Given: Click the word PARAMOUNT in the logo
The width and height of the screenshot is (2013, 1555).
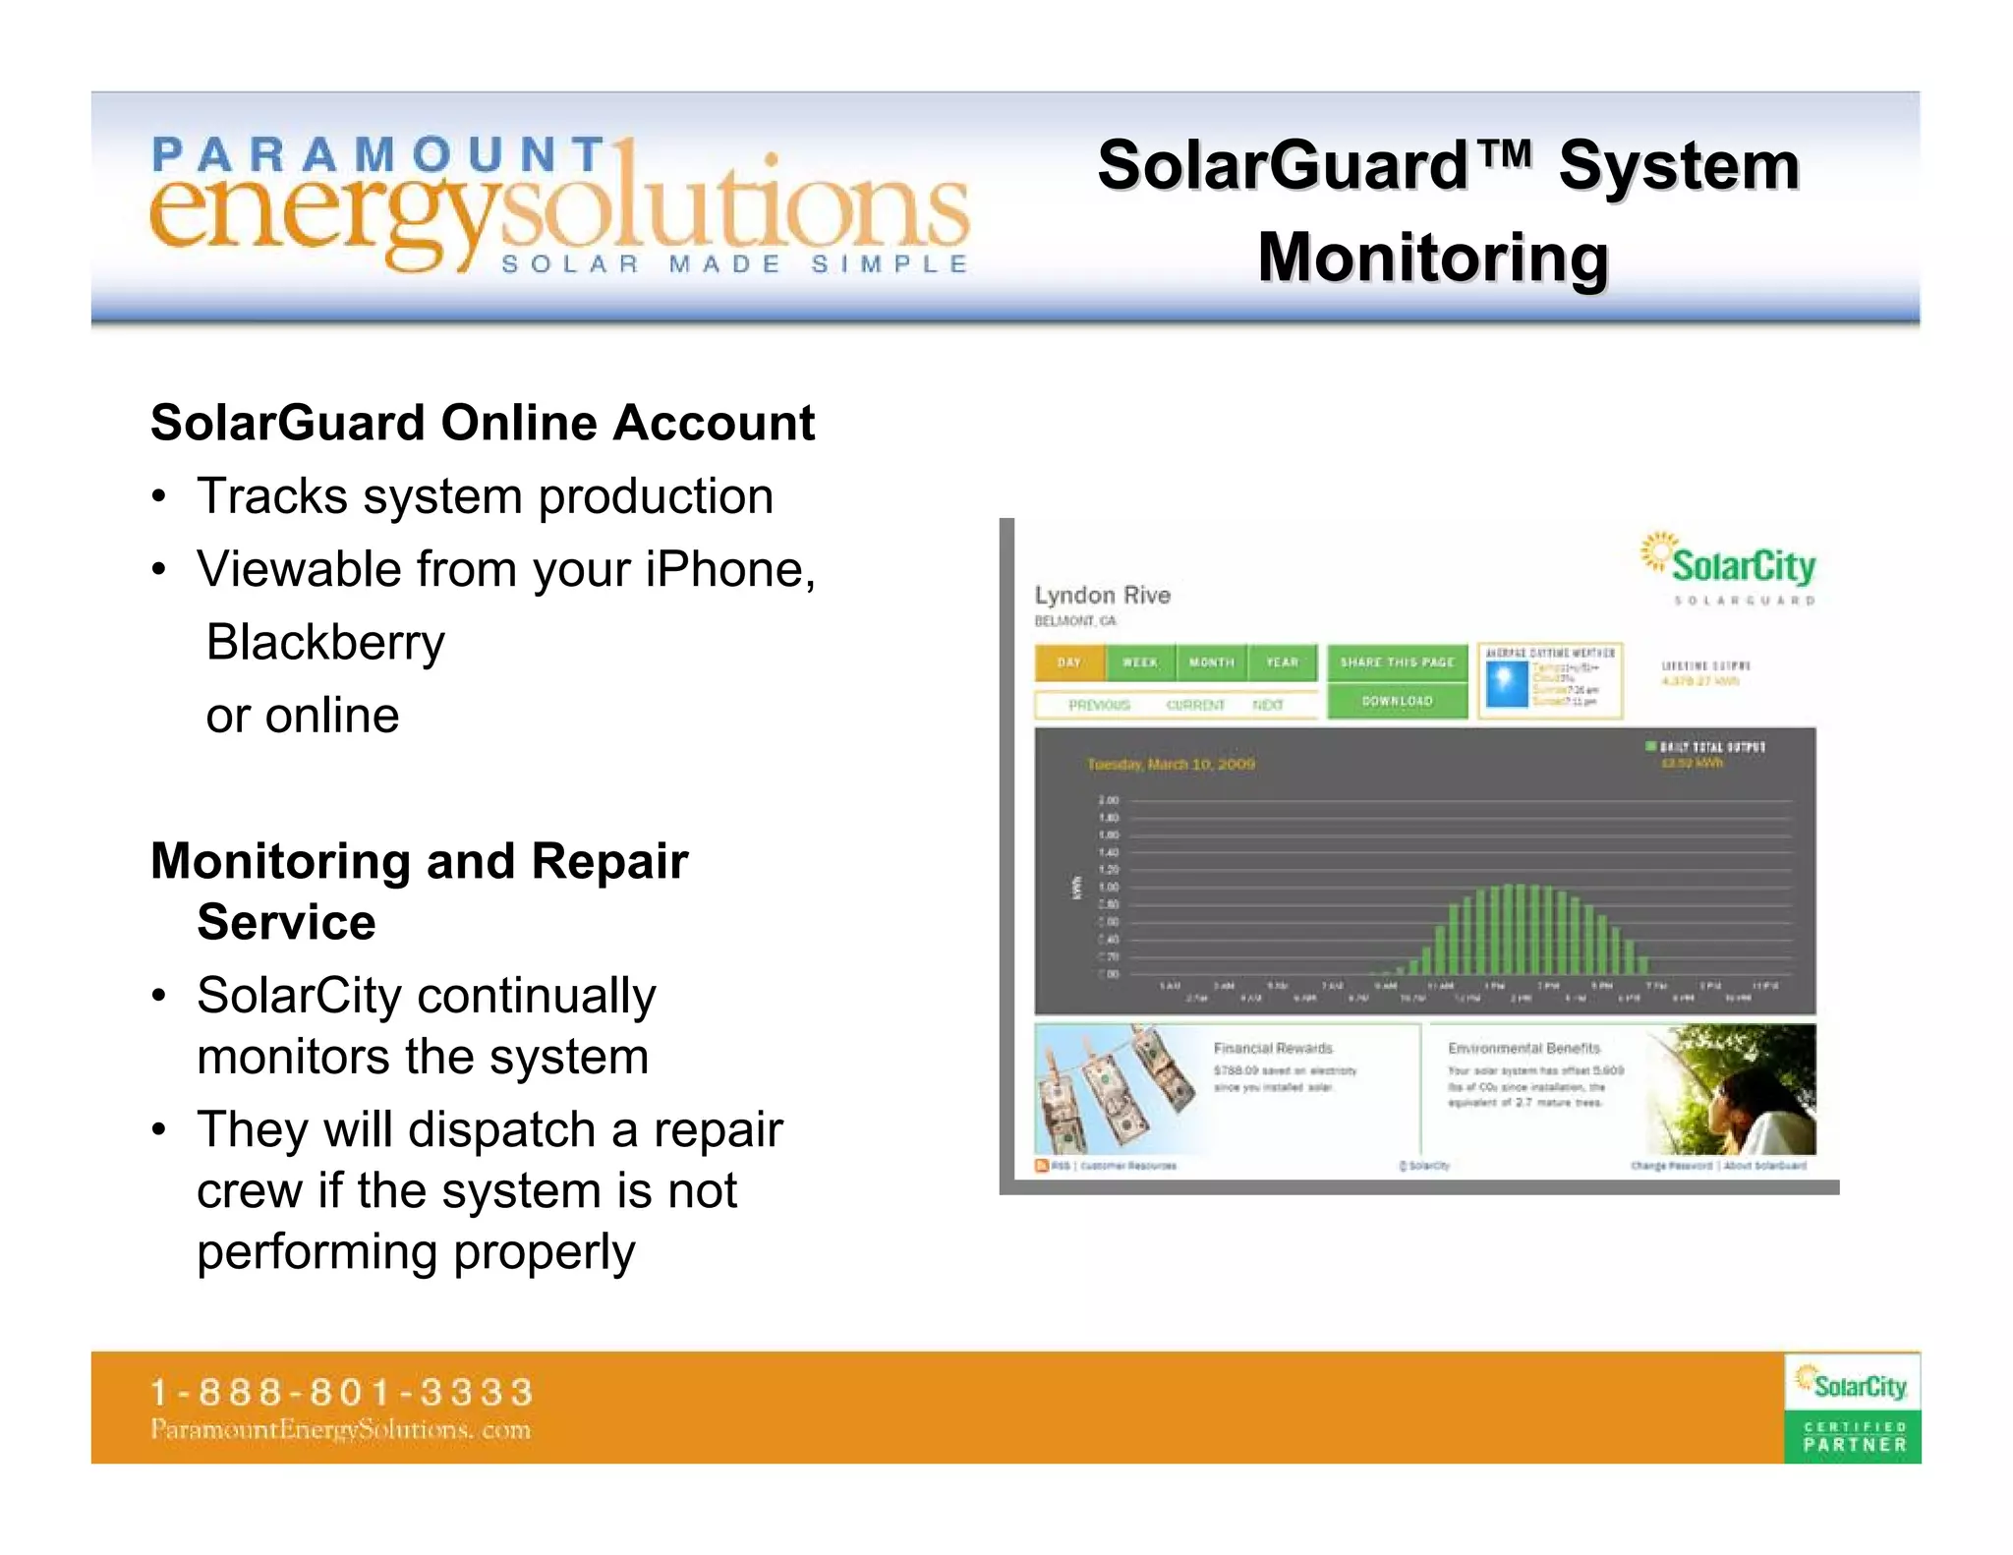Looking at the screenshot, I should point(378,155).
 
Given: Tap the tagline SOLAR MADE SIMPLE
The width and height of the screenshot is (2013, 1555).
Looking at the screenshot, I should point(734,264).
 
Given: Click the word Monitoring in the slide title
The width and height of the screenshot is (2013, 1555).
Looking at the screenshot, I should point(1432,258).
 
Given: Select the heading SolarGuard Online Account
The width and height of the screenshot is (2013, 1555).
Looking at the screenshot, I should point(482,423).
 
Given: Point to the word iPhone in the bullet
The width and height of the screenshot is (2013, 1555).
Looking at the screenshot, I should point(729,569).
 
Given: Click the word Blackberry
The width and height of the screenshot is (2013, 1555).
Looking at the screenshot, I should point(325,642).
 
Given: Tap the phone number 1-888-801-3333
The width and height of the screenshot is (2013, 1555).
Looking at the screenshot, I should point(341,1392).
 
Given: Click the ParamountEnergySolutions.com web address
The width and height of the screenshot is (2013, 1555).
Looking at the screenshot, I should point(340,1429).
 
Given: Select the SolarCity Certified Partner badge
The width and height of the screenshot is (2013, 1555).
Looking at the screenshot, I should point(1852,1408).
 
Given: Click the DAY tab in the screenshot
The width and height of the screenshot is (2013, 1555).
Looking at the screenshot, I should point(1069,662).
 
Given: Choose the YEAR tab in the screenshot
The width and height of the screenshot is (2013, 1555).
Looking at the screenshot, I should point(1282,662).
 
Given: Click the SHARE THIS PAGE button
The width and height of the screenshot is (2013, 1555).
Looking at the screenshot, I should point(1397,662).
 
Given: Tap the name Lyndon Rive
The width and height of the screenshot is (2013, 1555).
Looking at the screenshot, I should point(1102,595).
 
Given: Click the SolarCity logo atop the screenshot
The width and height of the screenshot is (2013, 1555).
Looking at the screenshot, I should point(1729,565).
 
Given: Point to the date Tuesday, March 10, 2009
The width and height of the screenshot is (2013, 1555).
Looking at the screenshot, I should point(1171,764).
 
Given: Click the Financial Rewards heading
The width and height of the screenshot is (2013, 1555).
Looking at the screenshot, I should point(1273,1048).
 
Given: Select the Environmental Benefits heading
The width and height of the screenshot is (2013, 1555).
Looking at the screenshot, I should point(1524,1048).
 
